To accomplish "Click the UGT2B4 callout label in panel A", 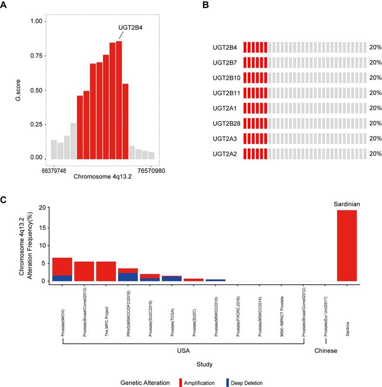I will (130, 28).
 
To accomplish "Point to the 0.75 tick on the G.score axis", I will (36, 56).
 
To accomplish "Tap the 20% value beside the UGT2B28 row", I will (375, 124).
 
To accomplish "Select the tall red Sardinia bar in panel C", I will (347, 246).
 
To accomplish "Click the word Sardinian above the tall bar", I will (347, 203).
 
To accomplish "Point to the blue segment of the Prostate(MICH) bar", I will (62, 278).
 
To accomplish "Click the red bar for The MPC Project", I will (106, 271).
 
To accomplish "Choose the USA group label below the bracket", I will (183, 351).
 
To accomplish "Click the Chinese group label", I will (326, 351).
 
